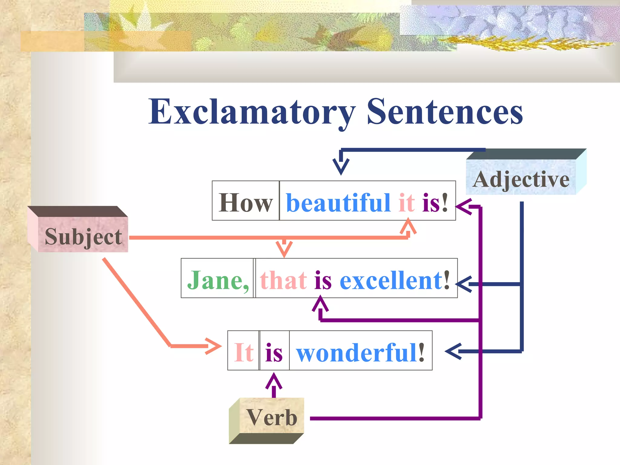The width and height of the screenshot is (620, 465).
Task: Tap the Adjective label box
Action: click(x=521, y=179)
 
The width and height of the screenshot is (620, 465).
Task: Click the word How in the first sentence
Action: click(x=246, y=203)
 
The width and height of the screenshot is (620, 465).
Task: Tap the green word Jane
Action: click(x=218, y=280)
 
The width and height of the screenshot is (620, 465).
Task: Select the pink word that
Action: click(x=283, y=280)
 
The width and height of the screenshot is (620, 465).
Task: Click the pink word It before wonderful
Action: click(x=244, y=352)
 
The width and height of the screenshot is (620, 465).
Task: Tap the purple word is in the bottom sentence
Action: click(x=274, y=353)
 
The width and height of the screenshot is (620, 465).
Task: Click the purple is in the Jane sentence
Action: click(x=323, y=280)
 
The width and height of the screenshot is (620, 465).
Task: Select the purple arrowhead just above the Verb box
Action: click(x=274, y=381)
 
